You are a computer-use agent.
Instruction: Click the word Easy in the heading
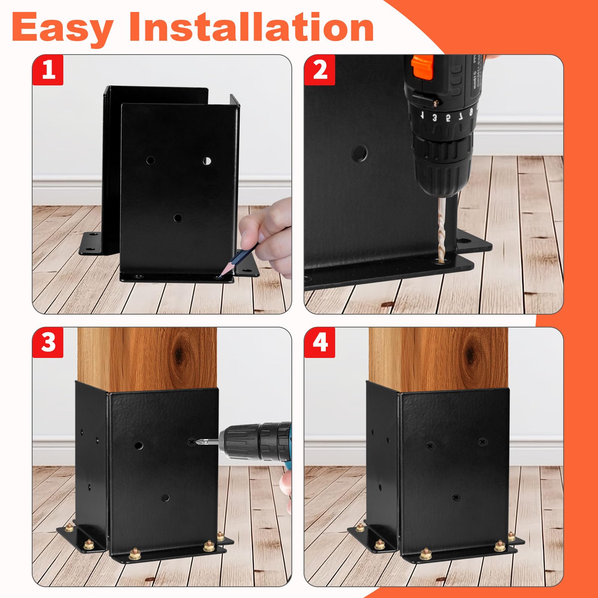[x=62, y=28]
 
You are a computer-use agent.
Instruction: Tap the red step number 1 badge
[x=48, y=70]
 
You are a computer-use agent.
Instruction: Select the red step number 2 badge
[x=320, y=70]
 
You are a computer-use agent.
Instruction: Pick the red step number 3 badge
[x=48, y=342]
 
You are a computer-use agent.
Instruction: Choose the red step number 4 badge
[x=320, y=342]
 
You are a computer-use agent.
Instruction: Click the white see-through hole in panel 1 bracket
[x=207, y=161]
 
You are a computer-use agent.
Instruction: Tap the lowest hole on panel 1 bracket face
[x=178, y=218]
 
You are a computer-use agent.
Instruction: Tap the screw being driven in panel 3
[x=193, y=441]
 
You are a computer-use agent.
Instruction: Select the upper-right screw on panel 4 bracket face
[x=483, y=441]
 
